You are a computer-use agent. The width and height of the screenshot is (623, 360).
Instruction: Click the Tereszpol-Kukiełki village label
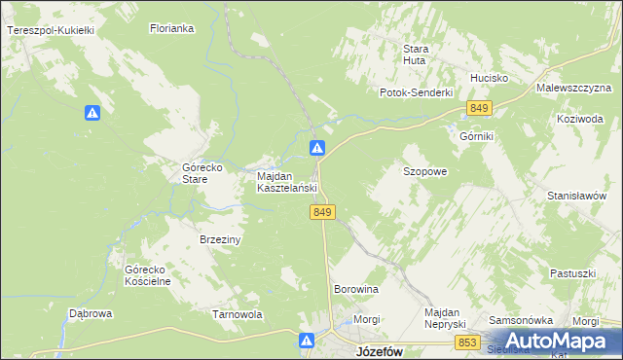point(50,31)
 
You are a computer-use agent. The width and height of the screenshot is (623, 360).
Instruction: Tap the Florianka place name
point(172,29)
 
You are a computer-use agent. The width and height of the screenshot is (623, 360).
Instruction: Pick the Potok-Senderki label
point(417,92)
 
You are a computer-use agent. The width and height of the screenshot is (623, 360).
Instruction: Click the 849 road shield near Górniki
point(478,108)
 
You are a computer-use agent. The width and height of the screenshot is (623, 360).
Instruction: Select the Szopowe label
point(424,171)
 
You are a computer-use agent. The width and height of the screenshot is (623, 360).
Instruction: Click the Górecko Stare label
point(203,173)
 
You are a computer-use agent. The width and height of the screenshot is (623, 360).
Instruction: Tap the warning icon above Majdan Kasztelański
point(317,148)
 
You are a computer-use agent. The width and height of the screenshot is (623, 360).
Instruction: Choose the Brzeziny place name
point(220,238)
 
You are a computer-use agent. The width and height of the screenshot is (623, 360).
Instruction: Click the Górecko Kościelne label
point(148,274)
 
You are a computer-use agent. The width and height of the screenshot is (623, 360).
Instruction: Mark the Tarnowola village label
point(238,314)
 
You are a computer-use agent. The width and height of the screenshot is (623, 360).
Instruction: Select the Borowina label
point(356,290)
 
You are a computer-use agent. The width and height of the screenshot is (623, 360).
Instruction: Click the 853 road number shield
point(468,342)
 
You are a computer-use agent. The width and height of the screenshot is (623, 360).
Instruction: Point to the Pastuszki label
point(572,273)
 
